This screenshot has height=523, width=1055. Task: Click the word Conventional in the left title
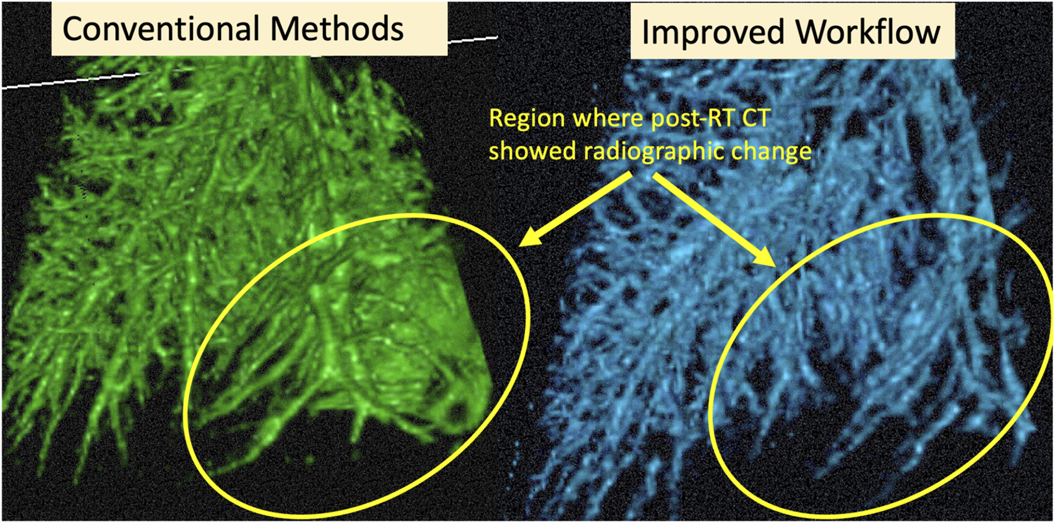(161, 28)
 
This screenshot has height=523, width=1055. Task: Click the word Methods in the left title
(337, 28)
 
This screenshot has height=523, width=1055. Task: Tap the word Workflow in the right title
(869, 32)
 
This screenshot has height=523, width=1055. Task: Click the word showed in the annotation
(533, 151)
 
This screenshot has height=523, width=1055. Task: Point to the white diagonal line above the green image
(249, 62)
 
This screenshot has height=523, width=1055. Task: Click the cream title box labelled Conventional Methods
(249, 28)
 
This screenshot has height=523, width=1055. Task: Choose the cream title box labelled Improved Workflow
(793, 32)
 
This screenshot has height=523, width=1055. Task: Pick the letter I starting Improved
(646, 33)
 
